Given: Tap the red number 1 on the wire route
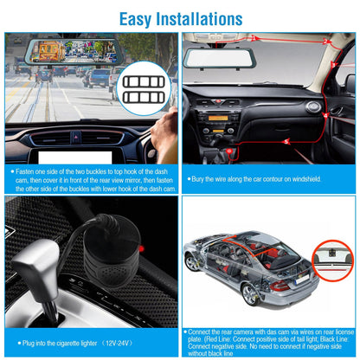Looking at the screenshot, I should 253,38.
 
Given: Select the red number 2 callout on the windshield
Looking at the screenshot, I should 325,41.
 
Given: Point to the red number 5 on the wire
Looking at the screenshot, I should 286,140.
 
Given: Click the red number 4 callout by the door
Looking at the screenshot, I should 325,113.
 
